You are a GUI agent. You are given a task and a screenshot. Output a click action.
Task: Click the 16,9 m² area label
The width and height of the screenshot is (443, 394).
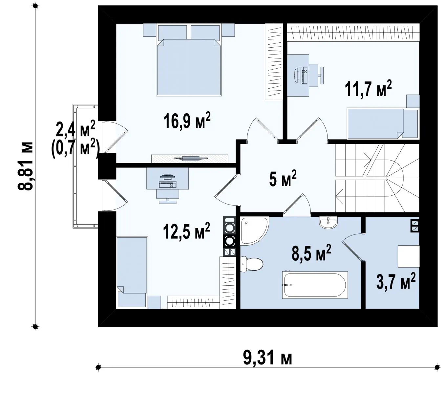187,120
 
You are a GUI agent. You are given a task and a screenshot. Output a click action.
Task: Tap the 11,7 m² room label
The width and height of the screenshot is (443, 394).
368,89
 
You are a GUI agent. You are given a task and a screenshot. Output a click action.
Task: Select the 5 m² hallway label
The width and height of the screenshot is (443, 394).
283,178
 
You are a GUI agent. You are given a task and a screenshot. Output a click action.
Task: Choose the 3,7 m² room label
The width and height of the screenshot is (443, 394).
396,281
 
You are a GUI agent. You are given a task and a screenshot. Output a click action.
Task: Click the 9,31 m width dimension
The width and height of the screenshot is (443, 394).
267,358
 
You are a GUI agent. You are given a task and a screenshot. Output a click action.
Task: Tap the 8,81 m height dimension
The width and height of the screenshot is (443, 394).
25,166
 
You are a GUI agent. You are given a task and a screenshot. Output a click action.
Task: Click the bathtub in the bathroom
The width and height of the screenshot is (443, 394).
315,285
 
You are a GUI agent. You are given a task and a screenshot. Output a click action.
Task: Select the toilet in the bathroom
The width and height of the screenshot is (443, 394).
251,265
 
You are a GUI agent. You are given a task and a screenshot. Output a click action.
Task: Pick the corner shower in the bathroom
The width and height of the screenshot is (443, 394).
255,231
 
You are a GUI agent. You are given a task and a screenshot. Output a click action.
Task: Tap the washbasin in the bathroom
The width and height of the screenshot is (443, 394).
328,223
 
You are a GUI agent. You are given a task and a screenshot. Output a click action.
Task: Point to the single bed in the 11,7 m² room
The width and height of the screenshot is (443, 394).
382,123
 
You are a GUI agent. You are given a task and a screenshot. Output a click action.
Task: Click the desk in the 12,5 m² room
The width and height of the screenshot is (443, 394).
167,178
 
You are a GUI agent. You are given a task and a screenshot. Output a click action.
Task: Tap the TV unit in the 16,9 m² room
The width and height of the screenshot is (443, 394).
190,159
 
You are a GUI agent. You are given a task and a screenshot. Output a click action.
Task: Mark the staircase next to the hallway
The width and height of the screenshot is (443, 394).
377,178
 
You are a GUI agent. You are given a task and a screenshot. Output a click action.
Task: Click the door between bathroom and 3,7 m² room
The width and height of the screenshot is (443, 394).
352,247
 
